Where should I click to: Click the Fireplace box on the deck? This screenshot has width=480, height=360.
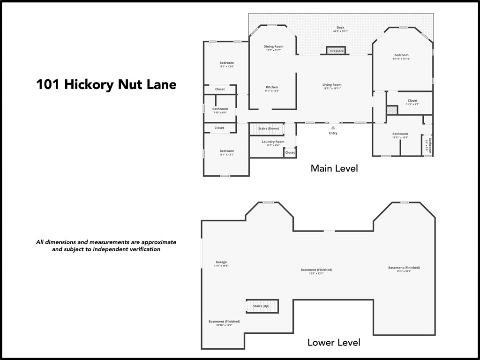[x=336, y=51]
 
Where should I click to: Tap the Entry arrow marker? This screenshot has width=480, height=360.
[x=333, y=127]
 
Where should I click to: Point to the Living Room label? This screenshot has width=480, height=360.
[x=332, y=85]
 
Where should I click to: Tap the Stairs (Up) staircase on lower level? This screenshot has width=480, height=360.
[x=262, y=306]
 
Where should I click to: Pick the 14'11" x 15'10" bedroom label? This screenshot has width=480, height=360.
[x=401, y=56]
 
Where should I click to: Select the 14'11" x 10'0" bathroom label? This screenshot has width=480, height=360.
[x=400, y=135]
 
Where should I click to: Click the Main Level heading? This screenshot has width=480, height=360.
[x=334, y=168]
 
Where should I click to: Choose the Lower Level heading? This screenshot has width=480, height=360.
[x=334, y=343]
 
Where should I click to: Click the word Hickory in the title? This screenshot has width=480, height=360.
[x=89, y=84]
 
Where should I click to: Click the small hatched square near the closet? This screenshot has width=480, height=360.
[x=391, y=110]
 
